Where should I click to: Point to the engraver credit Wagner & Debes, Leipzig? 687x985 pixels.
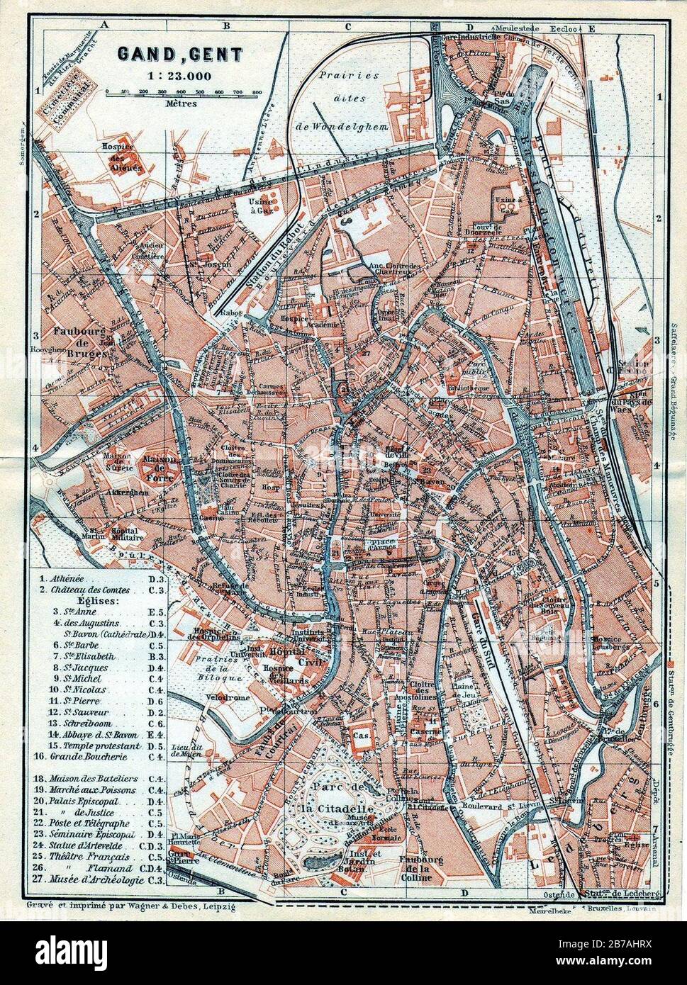click(x=130, y=905)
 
